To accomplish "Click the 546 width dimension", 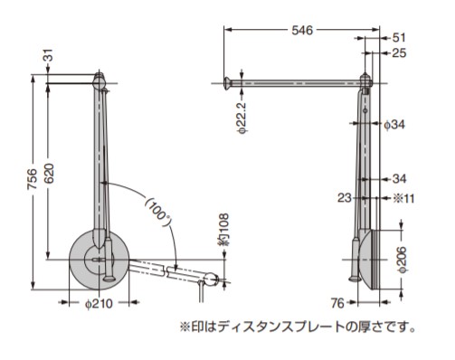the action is point(302,31).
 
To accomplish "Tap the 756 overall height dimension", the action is point(33,179).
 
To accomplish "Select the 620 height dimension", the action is point(49,174).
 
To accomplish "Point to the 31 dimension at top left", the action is point(49,55).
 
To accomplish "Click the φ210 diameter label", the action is point(99,304).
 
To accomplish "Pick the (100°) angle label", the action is point(158,211).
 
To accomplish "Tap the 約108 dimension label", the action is point(223,230).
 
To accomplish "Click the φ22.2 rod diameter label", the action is point(242,118).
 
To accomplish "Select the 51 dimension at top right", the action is point(399,38).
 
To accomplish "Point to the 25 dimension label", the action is point(399,53).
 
